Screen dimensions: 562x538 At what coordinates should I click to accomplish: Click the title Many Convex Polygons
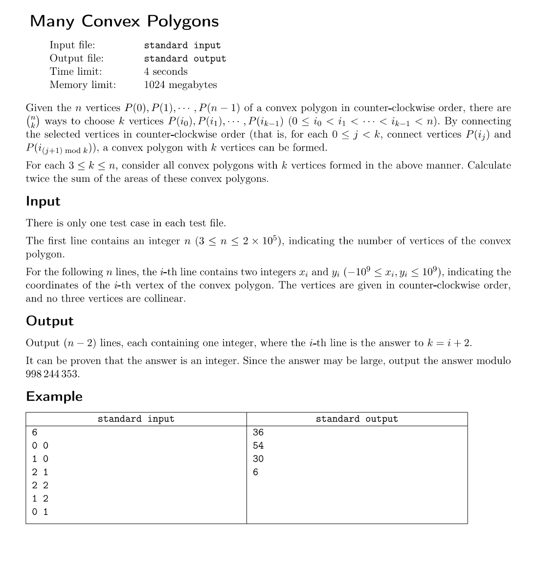[124, 21]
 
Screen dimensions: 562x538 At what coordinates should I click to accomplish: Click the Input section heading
[43, 201]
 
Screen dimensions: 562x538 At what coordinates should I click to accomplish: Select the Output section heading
[49, 321]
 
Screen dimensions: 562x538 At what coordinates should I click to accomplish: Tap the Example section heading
[54, 396]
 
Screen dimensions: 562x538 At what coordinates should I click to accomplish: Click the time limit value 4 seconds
[166, 71]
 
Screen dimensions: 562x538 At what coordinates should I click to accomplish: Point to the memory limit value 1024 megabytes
[180, 85]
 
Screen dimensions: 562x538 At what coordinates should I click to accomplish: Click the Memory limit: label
[83, 85]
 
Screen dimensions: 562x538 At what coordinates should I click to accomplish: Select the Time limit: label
[76, 71]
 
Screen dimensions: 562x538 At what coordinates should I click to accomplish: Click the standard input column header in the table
[136, 419]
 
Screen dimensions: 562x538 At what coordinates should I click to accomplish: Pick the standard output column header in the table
[357, 419]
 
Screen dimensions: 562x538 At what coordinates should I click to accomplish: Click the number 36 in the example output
[258, 432]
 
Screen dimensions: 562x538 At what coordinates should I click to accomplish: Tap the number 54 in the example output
[258, 445]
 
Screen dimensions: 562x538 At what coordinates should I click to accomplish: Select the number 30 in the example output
[258, 458]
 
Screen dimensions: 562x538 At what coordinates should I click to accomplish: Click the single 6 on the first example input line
[34, 432]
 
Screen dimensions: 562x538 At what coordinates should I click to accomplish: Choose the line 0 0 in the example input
[40, 445]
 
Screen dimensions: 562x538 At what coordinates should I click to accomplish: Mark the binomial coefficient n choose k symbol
[34, 121]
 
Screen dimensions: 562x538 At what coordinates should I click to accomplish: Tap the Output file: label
[77, 58]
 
